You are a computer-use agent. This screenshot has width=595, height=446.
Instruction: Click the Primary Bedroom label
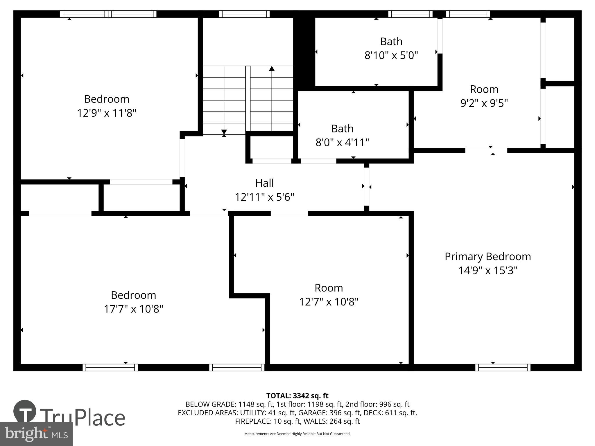488,256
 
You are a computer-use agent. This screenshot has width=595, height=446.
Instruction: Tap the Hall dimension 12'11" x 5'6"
264,197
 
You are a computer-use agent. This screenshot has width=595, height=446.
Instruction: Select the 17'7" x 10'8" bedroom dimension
133,309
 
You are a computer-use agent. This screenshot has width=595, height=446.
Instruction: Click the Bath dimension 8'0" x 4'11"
342,143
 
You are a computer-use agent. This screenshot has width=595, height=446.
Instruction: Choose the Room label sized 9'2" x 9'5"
484,89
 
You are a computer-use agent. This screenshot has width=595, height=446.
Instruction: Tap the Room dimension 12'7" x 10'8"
329,302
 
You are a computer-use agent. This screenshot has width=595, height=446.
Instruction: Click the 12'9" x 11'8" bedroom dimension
106,113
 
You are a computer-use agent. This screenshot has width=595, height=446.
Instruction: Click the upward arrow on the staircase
272,69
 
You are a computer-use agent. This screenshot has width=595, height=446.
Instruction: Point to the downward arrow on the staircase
224,132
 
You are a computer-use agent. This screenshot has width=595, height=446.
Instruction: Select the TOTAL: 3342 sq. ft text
297,395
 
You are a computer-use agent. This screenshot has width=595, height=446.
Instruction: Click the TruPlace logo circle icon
25,411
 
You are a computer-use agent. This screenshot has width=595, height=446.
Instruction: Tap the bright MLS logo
36,434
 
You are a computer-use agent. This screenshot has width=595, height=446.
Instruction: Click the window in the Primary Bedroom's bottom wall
503,367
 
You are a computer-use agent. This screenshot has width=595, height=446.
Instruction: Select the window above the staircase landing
244,14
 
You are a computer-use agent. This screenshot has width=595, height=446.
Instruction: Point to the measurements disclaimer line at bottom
297,434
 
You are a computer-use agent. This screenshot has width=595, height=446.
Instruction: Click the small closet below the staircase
271,147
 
